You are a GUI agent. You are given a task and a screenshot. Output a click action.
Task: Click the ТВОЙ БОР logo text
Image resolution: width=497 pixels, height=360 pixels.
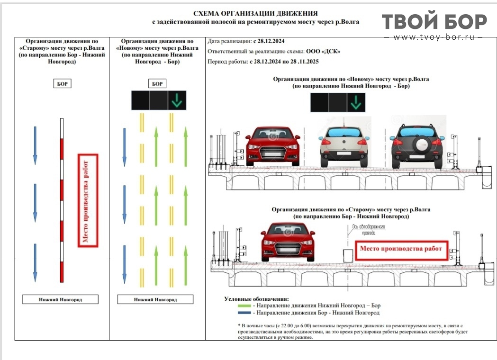point(434,22)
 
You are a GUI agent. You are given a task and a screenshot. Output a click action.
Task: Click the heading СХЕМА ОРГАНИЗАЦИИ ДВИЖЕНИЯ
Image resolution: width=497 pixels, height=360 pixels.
point(255,13)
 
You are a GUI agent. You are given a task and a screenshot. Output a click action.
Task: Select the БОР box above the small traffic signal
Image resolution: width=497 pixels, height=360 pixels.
point(157,84)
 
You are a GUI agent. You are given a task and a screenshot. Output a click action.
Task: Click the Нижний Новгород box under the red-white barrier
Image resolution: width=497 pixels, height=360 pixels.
point(61,299)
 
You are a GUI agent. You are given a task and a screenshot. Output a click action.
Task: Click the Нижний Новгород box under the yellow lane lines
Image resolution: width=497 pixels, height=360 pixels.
point(155,299)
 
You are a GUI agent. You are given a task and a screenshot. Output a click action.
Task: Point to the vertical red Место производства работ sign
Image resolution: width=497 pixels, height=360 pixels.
point(87,200)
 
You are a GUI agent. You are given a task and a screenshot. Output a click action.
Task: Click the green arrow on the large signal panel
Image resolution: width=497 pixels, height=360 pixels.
point(355,102)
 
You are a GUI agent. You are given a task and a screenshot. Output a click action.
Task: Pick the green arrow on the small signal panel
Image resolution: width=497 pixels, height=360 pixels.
point(176,100)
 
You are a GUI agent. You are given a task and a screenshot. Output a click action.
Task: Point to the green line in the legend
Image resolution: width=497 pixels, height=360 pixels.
point(244,306)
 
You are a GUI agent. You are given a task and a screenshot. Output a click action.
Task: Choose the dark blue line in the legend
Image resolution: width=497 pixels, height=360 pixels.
point(244,313)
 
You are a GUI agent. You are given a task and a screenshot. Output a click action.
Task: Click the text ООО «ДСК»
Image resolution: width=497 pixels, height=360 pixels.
point(324,52)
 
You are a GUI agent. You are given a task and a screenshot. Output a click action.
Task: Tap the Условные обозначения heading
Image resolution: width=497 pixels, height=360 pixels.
point(256,299)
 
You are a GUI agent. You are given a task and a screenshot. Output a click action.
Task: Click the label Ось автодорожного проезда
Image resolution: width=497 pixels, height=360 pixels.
point(367,229)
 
